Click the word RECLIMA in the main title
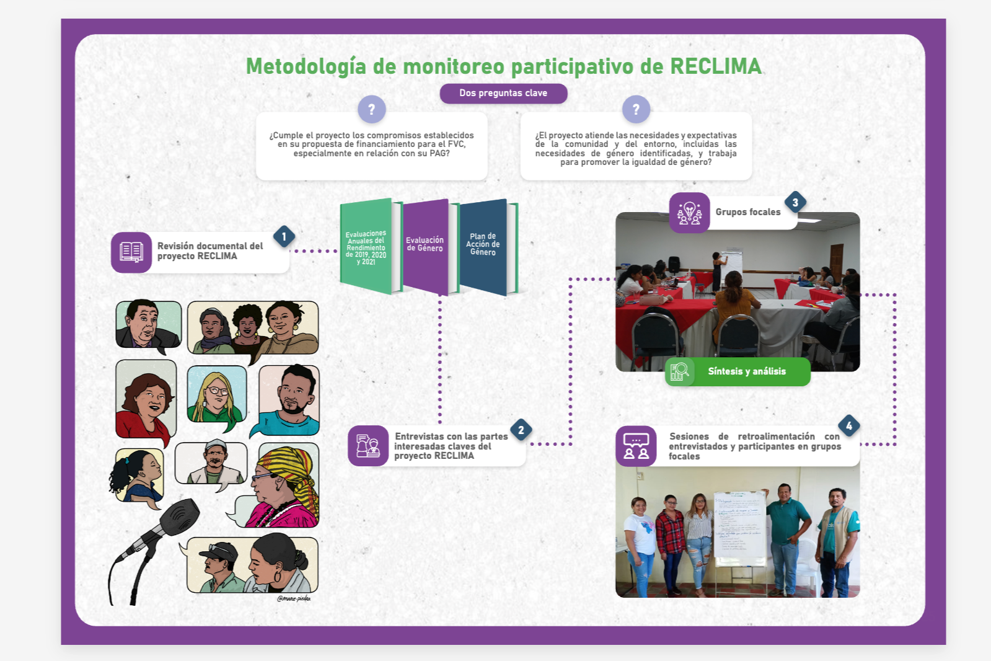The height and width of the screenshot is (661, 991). click(715, 66)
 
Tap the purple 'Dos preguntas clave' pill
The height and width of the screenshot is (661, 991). click(503, 93)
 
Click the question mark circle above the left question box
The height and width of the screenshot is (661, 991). click(371, 110)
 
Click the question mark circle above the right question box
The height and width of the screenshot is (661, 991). click(636, 110)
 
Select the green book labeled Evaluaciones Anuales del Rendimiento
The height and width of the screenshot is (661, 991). click(366, 247)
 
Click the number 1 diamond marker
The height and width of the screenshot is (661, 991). click(284, 236)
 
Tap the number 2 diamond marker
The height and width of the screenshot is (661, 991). click(521, 430)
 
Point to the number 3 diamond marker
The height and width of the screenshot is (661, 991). click(795, 202)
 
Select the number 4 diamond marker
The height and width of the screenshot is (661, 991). click(848, 425)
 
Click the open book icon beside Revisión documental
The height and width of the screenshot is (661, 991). click(131, 252)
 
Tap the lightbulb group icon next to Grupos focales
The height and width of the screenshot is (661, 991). click(689, 213)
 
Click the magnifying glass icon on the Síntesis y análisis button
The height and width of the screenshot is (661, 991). click(680, 371)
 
